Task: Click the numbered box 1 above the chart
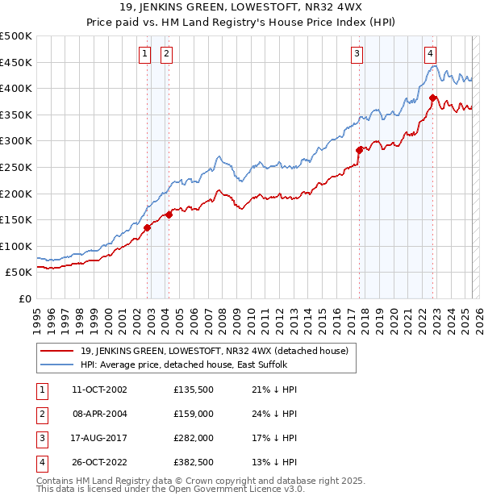(x=144, y=54)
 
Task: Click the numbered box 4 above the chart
(x=431, y=54)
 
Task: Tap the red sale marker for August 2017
(x=360, y=149)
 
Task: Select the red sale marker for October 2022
(x=433, y=98)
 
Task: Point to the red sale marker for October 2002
(x=148, y=227)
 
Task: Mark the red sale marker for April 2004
(x=169, y=215)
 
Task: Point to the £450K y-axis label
(x=16, y=62)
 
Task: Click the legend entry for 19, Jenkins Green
(x=214, y=351)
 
